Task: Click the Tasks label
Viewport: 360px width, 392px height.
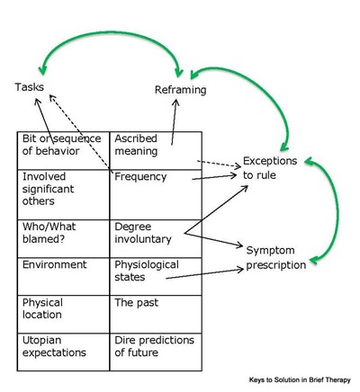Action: [30, 87]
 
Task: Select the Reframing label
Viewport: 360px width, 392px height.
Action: [181, 90]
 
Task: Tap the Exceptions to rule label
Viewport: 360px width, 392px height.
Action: [270, 168]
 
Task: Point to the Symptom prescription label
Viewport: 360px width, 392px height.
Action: [276, 257]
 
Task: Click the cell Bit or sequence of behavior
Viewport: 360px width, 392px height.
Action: [63, 150]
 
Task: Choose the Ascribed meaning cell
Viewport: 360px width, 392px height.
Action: [156, 150]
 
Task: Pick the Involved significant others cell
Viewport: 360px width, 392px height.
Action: [63, 194]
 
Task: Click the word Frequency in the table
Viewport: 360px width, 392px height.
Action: [140, 177]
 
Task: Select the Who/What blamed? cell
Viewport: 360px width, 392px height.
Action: [63, 238]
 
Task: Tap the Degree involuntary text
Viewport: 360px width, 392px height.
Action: [143, 233]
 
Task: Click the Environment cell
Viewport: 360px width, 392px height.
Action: [63, 276]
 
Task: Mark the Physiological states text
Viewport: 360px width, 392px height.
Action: [147, 271]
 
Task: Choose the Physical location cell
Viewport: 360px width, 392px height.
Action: [63, 314]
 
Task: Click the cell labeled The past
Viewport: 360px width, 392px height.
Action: [156, 314]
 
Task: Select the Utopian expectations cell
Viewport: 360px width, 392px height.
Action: [63, 352]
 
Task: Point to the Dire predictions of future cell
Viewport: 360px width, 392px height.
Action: [156, 352]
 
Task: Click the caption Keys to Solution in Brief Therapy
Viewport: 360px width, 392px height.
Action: [300, 380]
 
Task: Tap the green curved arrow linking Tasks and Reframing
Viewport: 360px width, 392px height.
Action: [111, 32]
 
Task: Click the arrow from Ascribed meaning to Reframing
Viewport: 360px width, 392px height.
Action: [174, 122]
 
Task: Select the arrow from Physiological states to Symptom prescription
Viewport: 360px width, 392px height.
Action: [204, 274]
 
